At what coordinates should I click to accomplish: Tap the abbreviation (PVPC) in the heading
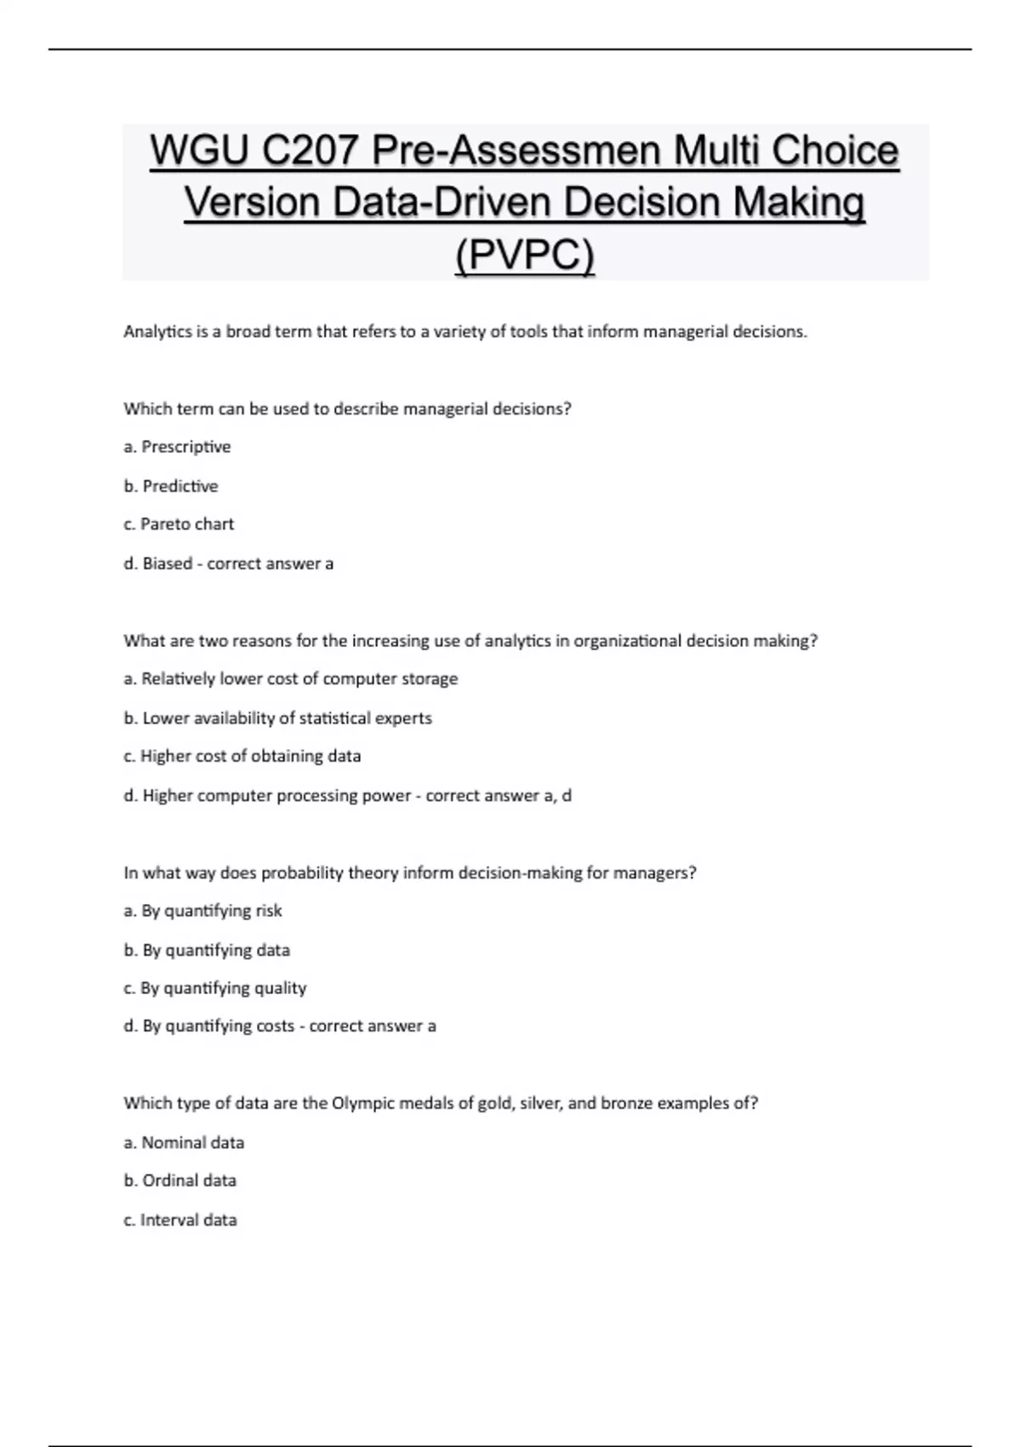point(524,255)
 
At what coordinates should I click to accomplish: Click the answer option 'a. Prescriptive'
point(177,447)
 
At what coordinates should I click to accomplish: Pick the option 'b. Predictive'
point(171,486)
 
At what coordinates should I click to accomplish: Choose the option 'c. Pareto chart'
point(179,524)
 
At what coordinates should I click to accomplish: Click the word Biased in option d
point(167,563)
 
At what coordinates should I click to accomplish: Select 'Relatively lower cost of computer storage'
point(299,679)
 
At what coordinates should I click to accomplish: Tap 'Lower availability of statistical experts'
point(287,718)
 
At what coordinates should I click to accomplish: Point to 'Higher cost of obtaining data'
point(250,756)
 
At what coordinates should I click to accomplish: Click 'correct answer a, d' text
point(499,796)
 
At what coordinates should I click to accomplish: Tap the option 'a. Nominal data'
point(184,1142)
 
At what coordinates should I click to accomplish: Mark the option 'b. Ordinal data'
point(180,1181)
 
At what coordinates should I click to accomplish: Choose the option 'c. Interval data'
point(180,1220)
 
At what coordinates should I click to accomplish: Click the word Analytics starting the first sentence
point(157,332)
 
